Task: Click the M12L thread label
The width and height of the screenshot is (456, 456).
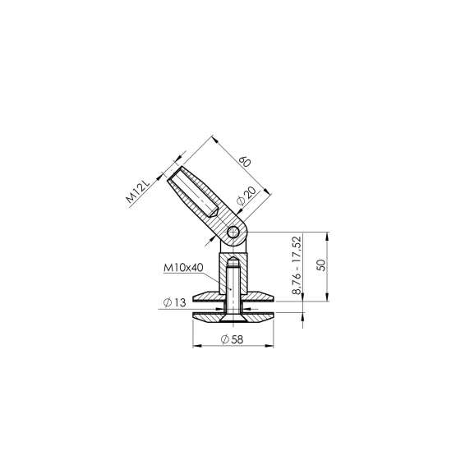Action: (x=138, y=191)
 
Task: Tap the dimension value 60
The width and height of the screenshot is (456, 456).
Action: (x=245, y=162)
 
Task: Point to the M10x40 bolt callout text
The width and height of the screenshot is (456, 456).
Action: (x=183, y=268)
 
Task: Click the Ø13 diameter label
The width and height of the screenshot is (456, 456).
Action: (x=174, y=302)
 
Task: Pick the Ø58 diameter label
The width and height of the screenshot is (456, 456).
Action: (x=232, y=339)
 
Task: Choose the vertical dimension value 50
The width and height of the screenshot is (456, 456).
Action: (x=322, y=265)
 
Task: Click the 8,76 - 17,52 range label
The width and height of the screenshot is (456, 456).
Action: (x=297, y=265)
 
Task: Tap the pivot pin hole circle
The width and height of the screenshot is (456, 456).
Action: (x=234, y=233)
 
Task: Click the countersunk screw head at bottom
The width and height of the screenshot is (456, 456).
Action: (x=233, y=319)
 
